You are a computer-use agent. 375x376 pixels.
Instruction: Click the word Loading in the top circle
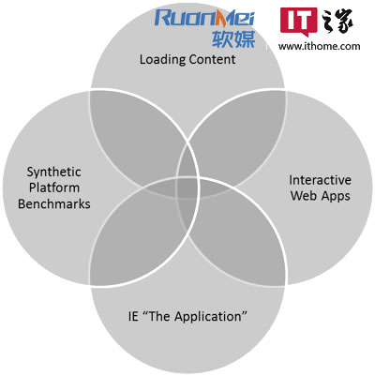[x=162, y=60]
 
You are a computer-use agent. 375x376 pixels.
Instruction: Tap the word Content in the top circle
[x=212, y=59]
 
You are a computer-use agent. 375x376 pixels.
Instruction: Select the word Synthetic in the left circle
[x=53, y=173]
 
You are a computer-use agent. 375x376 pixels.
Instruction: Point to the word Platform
[x=54, y=188]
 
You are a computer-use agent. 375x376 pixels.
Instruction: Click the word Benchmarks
[x=54, y=203]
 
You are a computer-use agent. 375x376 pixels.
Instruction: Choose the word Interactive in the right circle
[x=320, y=180]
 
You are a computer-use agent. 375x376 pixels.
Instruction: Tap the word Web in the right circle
[x=302, y=196]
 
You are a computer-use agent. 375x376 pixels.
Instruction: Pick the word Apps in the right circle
[x=334, y=197]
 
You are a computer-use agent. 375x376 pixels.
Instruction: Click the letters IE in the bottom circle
[x=133, y=316]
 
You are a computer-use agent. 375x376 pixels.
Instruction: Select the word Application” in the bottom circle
[x=211, y=317]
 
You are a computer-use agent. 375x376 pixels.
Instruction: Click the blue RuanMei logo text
[x=204, y=17]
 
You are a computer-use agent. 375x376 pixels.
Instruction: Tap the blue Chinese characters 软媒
[x=233, y=38]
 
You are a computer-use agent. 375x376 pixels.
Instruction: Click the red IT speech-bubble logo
[x=298, y=22]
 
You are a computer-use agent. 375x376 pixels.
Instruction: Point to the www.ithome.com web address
[x=319, y=46]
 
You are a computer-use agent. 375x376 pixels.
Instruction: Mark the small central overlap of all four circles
[x=187, y=188]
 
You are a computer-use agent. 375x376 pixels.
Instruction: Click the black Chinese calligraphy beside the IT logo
[x=337, y=21]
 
